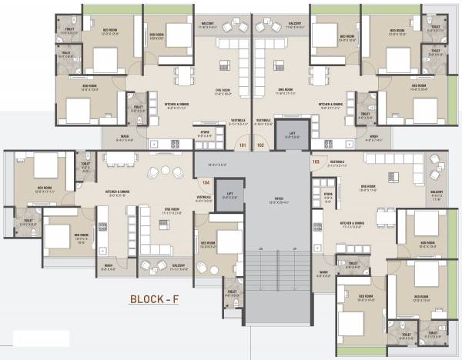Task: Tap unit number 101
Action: (243, 143)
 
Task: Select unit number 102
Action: (259, 143)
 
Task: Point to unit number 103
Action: (315, 162)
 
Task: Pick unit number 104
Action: (204, 182)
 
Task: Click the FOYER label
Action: (277, 200)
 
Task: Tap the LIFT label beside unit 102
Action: (291, 132)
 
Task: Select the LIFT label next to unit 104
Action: (229, 194)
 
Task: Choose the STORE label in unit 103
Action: (328, 195)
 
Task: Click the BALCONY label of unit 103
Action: (437, 192)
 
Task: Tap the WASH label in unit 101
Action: (124, 138)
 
